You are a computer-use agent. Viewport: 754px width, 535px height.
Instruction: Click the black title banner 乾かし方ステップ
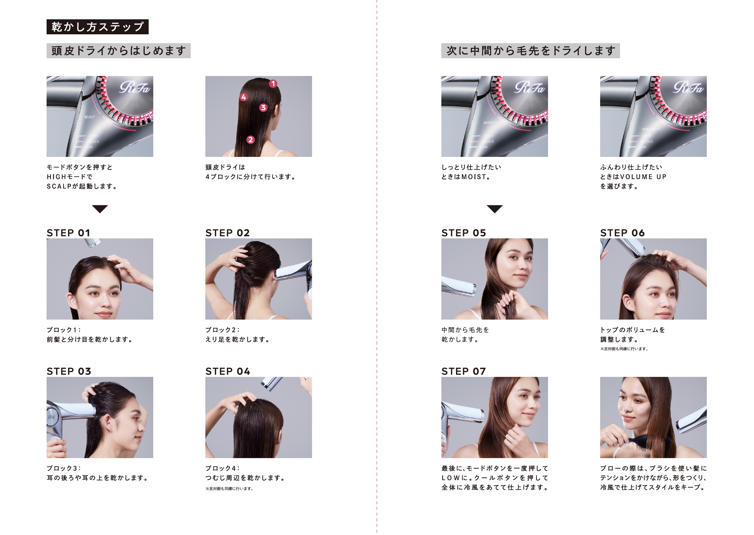click(x=97, y=27)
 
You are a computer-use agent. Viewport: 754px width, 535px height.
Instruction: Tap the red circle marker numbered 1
click(x=273, y=84)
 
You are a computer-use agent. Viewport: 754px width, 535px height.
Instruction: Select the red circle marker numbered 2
click(x=250, y=140)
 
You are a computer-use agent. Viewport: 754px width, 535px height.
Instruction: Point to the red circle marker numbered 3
click(x=263, y=107)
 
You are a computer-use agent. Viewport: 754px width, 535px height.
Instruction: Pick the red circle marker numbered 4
click(x=244, y=97)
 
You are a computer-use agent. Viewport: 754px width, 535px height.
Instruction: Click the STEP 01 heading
click(x=69, y=233)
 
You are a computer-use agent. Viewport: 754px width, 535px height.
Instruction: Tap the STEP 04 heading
click(x=228, y=371)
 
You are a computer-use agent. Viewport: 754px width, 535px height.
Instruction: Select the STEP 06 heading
click(x=622, y=233)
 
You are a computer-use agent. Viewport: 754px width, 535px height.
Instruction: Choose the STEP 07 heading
click(x=464, y=371)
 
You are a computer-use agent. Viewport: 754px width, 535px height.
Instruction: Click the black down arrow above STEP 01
click(x=100, y=209)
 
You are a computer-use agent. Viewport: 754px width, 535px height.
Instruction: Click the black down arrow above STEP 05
click(x=495, y=209)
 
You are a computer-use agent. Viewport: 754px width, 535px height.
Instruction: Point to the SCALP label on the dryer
click(x=89, y=117)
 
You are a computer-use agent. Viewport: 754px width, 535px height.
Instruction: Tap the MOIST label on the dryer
click(x=489, y=123)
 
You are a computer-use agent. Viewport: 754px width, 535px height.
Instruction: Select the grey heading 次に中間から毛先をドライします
click(x=530, y=51)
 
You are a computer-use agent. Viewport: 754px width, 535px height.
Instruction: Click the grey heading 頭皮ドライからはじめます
click(x=118, y=51)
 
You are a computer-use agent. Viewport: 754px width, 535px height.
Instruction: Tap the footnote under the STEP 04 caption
click(x=229, y=488)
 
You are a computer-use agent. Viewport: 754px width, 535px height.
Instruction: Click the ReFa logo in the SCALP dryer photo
click(x=135, y=88)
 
